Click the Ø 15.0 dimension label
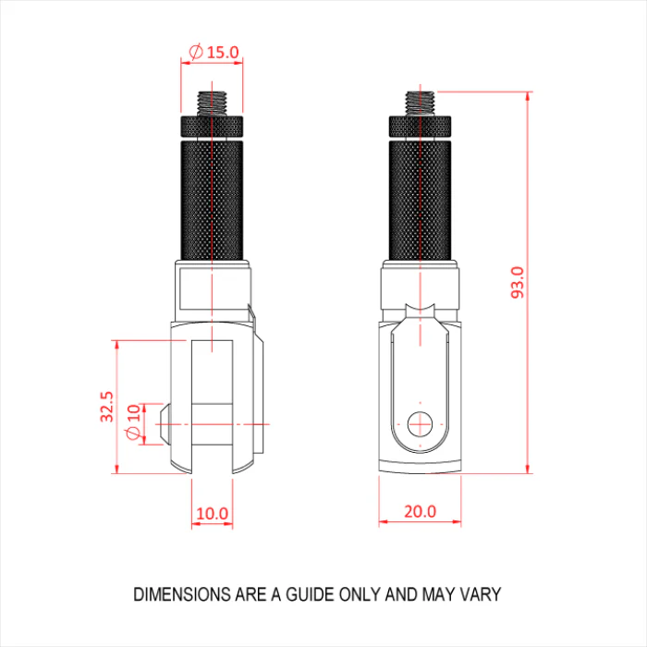(214, 52)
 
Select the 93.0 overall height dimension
(518, 282)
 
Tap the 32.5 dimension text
(106, 407)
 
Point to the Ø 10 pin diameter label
(133, 422)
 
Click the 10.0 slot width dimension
(212, 514)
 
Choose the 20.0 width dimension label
(420, 511)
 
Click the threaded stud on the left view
(212, 104)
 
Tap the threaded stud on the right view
(420, 104)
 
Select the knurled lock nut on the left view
(212, 127)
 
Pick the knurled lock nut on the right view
(420, 127)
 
